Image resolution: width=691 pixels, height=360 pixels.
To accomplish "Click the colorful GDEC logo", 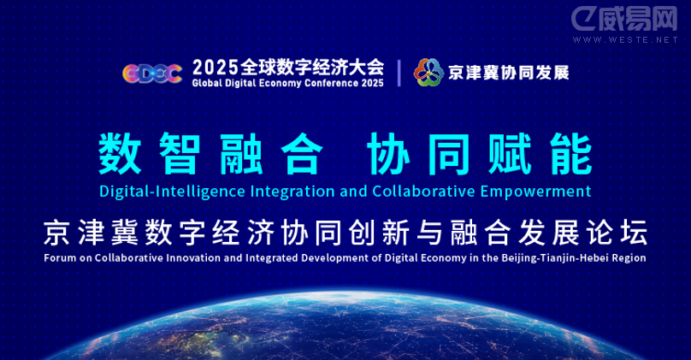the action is pyautogui.click(x=152, y=74).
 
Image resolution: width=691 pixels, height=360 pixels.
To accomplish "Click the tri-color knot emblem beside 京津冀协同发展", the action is pyautogui.click(x=428, y=73).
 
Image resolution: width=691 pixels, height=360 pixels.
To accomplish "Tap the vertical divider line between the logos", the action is pyautogui.click(x=399, y=73).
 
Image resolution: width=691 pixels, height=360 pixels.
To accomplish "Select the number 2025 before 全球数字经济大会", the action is pyautogui.click(x=216, y=68).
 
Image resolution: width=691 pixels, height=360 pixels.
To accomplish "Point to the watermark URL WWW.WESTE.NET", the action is pyautogui.click(x=625, y=39).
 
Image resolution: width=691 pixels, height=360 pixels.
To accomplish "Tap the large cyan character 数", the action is pyautogui.click(x=120, y=153).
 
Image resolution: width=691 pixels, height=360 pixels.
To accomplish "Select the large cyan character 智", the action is pyautogui.click(x=180, y=153).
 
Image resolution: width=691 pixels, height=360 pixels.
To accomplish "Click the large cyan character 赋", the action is pyautogui.click(x=510, y=153).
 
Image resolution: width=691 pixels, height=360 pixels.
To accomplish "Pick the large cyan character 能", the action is pyautogui.click(x=570, y=153).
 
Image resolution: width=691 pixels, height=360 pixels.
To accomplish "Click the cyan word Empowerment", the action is pyautogui.click(x=535, y=192).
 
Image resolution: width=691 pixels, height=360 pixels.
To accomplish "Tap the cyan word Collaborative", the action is pyautogui.click(x=423, y=192).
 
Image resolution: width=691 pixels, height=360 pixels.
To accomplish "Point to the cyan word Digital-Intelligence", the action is pyautogui.click(x=172, y=192).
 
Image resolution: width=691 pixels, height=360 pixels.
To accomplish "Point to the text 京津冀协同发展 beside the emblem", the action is pyautogui.click(x=509, y=73).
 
